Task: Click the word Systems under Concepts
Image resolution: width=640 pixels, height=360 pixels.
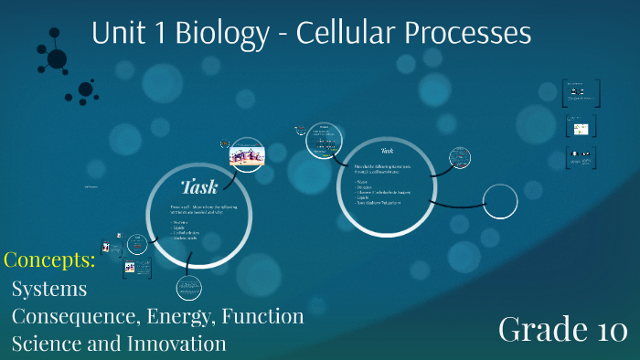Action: pyautogui.click(x=49, y=289)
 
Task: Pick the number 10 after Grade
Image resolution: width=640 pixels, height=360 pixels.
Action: pyautogui.click(x=603, y=328)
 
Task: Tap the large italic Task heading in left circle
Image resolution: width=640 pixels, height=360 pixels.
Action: pyautogui.click(x=199, y=187)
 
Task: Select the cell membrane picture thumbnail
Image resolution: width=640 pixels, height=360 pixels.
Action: pyautogui.click(x=247, y=154)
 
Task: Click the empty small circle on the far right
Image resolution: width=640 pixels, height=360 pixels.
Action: pyautogui.click(x=500, y=201)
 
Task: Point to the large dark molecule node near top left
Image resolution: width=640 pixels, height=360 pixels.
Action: pyautogui.click(x=57, y=59)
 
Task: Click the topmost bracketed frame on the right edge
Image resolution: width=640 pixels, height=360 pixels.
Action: pyautogui.click(x=580, y=92)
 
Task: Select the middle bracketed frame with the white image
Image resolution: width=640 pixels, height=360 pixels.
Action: pyautogui.click(x=580, y=125)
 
